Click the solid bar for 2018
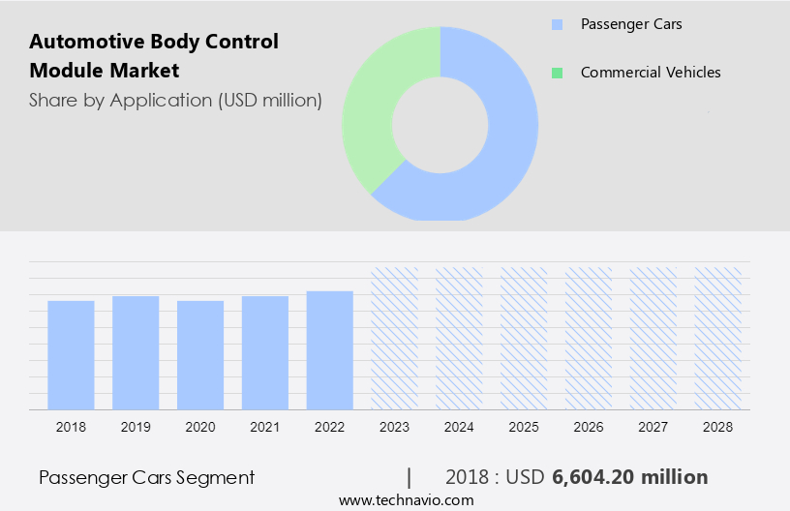point(71,354)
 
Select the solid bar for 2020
point(200,354)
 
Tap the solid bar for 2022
point(330,349)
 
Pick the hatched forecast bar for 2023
point(395,338)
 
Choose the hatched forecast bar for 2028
point(718,338)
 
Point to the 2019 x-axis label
point(136,427)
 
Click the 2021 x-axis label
point(265,427)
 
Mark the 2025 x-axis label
point(524,427)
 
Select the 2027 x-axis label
point(653,427)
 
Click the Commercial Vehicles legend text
point(651,73)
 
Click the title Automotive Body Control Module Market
point(154,56)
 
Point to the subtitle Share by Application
point(175,100)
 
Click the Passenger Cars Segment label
point(147,477)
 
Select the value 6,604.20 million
point(630,477)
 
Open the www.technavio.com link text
point(406,499)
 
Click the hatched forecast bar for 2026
point(589,338)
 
